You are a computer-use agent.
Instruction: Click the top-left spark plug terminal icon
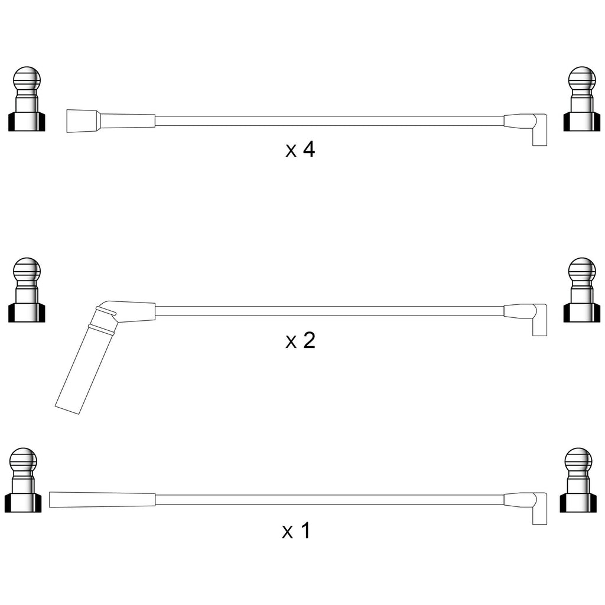coord(27,99)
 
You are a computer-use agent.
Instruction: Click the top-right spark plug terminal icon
coord(582,99)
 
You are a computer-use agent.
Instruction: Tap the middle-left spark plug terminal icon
coord(27,290)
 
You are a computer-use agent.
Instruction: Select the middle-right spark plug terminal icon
coord(582,290)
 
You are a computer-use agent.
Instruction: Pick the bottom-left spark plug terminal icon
coord(23,480)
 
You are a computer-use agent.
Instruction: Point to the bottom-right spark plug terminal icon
coord(578,480)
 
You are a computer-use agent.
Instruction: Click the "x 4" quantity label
coord(300,149)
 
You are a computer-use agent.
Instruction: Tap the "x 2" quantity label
coord(300,340)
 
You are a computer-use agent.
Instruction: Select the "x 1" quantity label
coord(296,531)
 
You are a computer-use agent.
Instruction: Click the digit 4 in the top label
coord(309,149)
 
